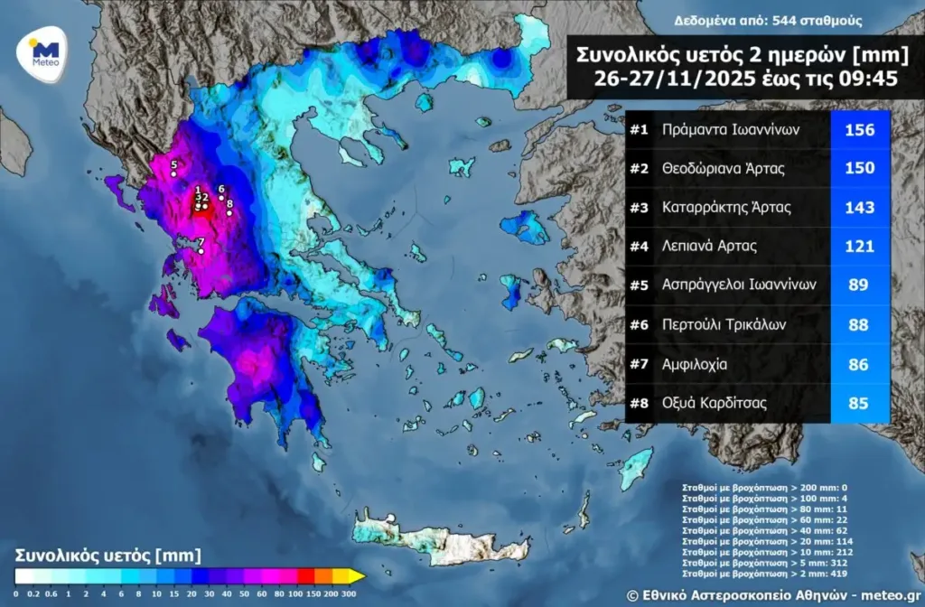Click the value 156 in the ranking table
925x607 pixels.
tap(859, 130)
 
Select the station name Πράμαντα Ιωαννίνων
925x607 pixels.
tap(730, 130)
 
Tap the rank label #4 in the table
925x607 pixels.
tap(640, 246)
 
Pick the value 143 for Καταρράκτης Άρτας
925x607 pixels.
tap(859, 207)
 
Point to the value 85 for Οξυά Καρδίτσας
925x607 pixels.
tap(859, 404)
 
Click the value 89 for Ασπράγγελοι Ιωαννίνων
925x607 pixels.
tap(859, 285)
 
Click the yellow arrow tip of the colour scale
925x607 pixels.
tap(358, 575)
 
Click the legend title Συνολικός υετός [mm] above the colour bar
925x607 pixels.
tap(107, 554)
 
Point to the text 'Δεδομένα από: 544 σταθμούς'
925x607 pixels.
tap(767, 21)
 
